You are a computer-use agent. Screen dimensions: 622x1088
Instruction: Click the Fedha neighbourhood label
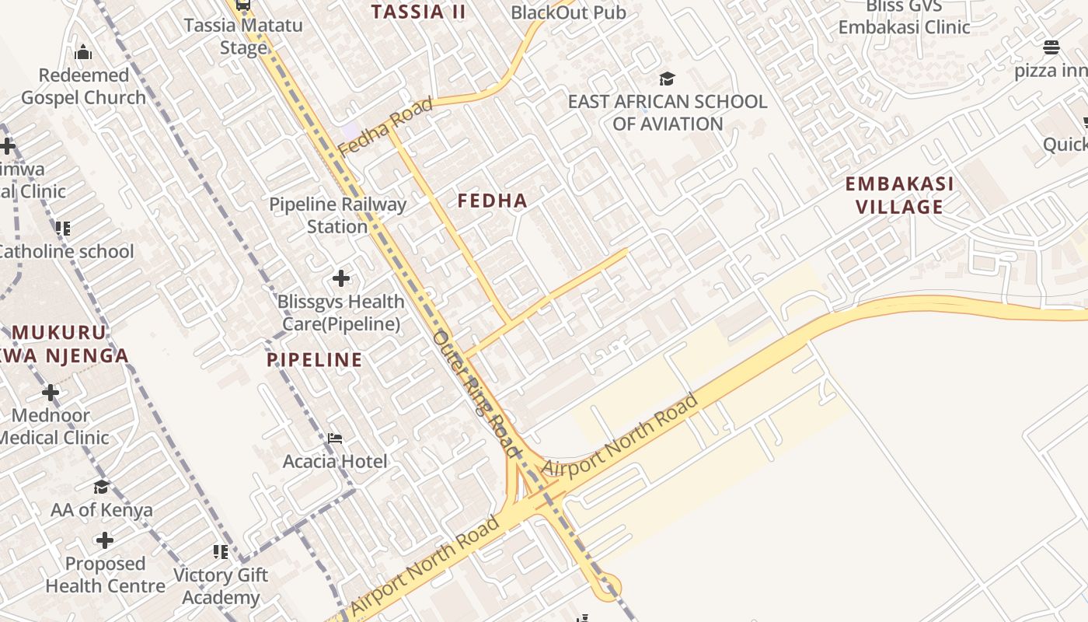492,201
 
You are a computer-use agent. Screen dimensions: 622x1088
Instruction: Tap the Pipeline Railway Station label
337,215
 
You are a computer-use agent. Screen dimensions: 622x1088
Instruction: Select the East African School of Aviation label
667,113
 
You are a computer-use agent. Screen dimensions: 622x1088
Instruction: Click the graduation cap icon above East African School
667,79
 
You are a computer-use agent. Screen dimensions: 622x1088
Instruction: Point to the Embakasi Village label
899,195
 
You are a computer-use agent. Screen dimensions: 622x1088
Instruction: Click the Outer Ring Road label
475,393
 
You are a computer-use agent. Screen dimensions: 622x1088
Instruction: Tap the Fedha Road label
385,127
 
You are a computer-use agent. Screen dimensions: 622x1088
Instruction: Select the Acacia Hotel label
334,461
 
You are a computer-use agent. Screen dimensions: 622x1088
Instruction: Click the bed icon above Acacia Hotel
334,439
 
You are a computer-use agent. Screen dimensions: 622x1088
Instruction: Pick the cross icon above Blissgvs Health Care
340,278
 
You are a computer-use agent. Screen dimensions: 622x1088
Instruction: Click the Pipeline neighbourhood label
314,359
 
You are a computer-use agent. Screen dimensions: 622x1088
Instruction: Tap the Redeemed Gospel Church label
83,86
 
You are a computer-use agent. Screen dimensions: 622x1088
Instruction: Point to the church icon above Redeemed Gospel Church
83,53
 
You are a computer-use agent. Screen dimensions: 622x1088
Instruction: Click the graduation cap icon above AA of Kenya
102,487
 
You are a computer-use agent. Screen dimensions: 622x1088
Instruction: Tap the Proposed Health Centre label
105,575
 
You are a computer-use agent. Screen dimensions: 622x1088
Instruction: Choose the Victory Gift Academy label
220,586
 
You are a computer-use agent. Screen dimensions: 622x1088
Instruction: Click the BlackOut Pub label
568,12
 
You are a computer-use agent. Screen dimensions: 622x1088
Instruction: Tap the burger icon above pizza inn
1051,47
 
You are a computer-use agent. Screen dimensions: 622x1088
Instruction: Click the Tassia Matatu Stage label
243,36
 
